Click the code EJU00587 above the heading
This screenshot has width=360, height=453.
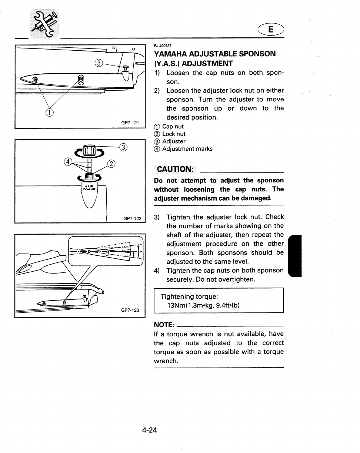(163, 46)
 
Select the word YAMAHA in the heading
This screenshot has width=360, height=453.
(171, 54)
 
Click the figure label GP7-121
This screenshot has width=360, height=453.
(130, 123)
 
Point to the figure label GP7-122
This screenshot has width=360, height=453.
(132, 218)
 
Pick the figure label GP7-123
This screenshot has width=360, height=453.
(130, 310)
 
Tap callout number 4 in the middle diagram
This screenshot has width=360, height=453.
(68, 162)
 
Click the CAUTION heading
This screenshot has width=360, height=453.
(175, 169)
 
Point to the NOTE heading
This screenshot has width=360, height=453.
(164, 325)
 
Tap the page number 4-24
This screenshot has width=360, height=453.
(149, 430)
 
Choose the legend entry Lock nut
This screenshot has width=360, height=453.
(174, 134)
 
